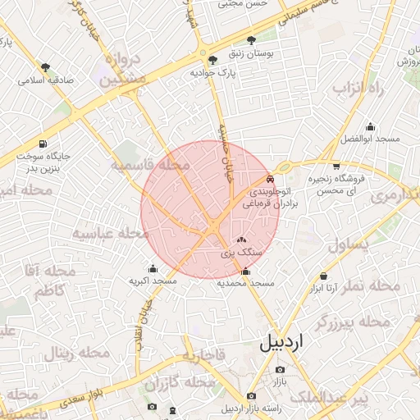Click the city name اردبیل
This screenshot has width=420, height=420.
pos(281,343)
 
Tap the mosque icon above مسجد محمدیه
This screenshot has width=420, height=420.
pos(245,272)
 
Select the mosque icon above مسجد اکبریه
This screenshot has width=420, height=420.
pos(153,268)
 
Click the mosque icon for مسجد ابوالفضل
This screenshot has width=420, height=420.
pos(370,126)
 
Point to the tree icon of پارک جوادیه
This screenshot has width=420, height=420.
pos(213,60)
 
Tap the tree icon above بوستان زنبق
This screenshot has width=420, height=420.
pos(250,39)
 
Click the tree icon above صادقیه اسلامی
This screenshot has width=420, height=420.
pos(45,67)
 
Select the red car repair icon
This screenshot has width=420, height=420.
pos(271,178)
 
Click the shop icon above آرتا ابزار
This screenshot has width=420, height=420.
pos(324,276)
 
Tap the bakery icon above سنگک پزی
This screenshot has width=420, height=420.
pos(240,240)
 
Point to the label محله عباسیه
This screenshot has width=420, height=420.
pos(110,234)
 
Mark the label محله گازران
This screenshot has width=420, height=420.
pos(174,384)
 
